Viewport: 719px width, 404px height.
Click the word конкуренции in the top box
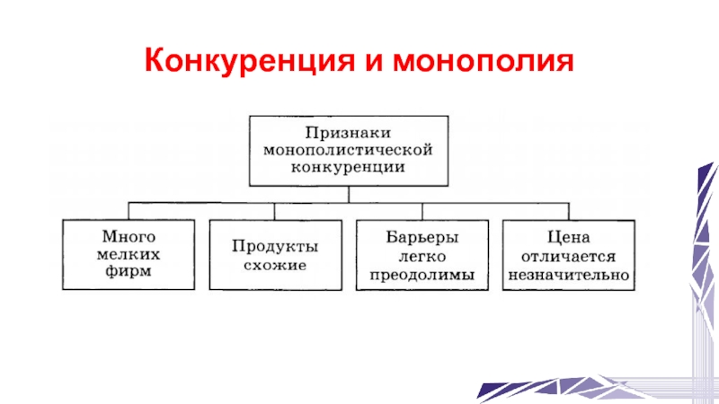pos(347,165)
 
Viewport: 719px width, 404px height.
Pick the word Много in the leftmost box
pos(128,238)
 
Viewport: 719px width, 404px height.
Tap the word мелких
pos(128,254)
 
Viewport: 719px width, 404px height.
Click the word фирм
pos(128,270)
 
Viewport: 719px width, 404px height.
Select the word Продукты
pos(275,246)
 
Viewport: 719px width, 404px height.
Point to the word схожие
pos(275,265)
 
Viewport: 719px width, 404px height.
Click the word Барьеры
pos(422,238)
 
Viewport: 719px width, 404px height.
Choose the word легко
pos(422,256)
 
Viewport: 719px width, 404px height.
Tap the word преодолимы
pos(422,273)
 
